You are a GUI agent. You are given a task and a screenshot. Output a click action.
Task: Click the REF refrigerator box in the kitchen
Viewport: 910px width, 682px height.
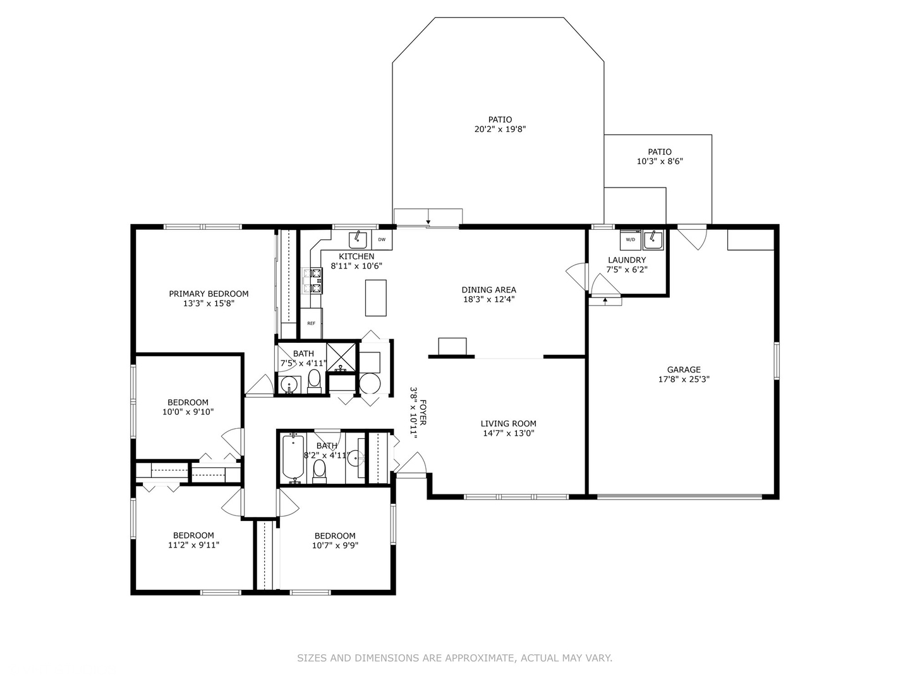(x=311, y=323)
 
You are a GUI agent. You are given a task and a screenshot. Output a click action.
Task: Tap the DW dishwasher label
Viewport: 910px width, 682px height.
(x=382, y=240)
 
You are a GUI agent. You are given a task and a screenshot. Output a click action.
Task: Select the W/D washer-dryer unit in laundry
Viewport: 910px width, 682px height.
(x=630, y=239)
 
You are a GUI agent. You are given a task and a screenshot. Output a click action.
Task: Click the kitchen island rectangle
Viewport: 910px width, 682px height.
(x=376, y=297)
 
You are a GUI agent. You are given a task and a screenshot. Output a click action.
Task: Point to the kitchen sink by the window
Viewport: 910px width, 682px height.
(x=358, y=239)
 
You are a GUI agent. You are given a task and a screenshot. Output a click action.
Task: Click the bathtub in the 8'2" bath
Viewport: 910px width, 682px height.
(x=293, y=457)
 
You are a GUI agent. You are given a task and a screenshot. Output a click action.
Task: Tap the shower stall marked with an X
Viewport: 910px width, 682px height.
(x=343, y=356)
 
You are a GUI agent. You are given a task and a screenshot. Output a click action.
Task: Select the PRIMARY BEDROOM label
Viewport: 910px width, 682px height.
(x=209, y=294)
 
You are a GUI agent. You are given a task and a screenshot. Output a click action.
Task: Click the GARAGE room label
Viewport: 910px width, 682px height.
(x=684, y=370)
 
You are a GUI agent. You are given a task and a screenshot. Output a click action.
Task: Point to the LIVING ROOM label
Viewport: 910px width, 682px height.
(x=508, y=424)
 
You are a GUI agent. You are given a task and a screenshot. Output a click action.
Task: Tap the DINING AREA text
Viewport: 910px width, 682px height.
(x=488, y=290)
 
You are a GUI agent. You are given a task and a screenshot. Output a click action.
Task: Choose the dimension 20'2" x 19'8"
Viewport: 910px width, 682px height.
(x=500, y=129)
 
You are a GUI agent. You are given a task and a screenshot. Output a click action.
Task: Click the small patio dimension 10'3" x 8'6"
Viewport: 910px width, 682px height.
(x=659, y=162)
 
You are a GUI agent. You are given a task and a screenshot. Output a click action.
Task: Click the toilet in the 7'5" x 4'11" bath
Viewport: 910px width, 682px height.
(x=315, y=381)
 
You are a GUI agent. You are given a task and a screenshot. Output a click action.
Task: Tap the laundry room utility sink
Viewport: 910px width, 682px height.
(x=653, y=240)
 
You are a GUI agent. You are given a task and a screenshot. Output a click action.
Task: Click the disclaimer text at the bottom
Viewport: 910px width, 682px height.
(x=454, y=658)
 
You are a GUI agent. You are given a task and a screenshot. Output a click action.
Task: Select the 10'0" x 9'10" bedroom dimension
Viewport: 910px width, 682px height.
(x=188, y=412)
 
